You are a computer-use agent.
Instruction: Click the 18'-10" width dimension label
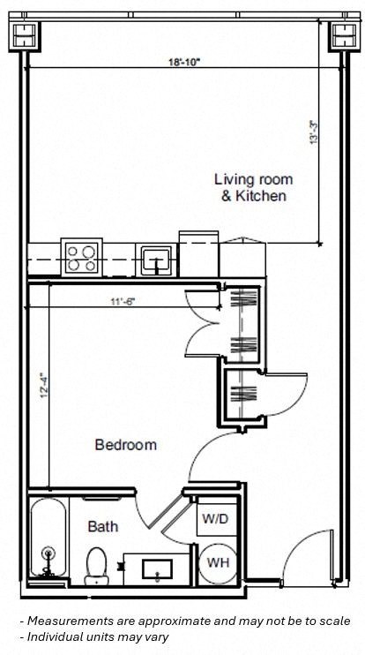(184, 62)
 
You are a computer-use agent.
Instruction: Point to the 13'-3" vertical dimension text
(313, 132)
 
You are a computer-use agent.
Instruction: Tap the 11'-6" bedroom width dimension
(123, 302)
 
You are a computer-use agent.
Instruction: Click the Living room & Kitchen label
(253, 187)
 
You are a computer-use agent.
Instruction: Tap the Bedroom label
(126, 445)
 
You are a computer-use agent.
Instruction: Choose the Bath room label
(103, 527)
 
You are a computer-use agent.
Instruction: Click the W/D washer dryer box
(215, 519)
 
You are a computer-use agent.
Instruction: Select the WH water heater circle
(215, 561)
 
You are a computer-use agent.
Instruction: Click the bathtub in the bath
(49, 538)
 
